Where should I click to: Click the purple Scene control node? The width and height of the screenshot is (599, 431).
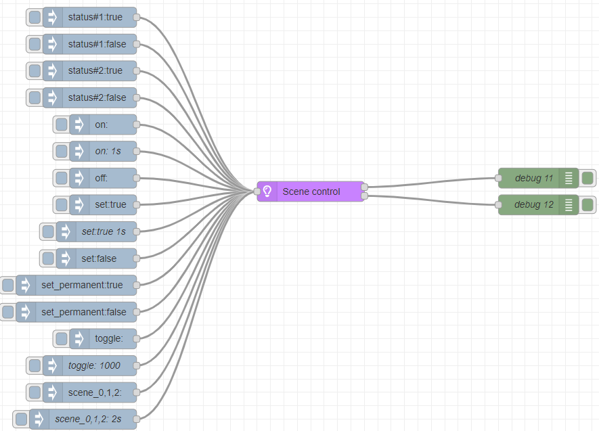pyautogui.click(x=310, y=191)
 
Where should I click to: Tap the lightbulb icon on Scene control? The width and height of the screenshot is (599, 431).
pyautogui.click(x=267, y=191)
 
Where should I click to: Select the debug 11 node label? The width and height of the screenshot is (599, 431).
pyautogui.click(x=533, y=178)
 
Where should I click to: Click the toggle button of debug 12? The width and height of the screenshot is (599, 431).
pyautogui.click(x=587, y=205)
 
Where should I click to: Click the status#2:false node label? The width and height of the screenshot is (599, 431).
pyautogui.click(x=97, y=97)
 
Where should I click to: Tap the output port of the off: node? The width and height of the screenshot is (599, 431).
pyautogui.click(x=136, y=178)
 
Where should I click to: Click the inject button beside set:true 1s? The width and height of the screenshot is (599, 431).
pyautogui.click(x=48, y=231)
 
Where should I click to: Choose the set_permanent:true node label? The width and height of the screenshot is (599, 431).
pyautogui.click(x=82, y=285)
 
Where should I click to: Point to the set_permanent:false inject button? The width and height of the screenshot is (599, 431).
pyautogui.click(x=8, y=312)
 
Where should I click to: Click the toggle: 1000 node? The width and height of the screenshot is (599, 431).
pyautogui.click(x=89, y=366)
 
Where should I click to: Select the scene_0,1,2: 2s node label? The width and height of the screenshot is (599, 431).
pyautogui.click(x=88, y=419)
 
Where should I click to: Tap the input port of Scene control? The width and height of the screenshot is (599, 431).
pyautogui.click(x=257, y=191)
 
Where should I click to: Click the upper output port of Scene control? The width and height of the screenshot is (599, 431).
pyautogui.click(x=364, y=187)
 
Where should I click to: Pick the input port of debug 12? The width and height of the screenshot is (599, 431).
pyautogui.click(x=498, y=205)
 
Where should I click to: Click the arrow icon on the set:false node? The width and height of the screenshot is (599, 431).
pyautogui.click(x=66, y=258)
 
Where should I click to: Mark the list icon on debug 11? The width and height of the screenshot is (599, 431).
pyautogui.click(x=569, y=178)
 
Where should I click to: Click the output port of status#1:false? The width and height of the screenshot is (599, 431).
pyautogui.click(x=136, y=44)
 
